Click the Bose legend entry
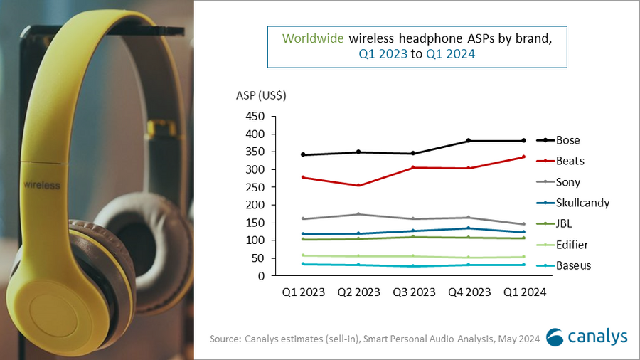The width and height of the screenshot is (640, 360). coord(569,140)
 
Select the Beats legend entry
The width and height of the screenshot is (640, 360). coord(570,162)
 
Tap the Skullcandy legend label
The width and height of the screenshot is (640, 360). coord(582,203)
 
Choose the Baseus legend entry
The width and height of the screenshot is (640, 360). coord(573,265)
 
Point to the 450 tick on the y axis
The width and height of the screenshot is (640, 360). coord(255,117)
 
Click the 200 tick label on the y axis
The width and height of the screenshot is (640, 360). coord(255,205)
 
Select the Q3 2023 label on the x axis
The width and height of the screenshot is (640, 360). coord(414,291)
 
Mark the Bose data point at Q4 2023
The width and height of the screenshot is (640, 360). coord(469,141)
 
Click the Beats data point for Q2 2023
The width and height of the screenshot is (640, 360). coord(358,186)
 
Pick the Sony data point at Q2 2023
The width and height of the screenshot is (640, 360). coord(358,214)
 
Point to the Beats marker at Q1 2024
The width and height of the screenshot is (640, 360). coord(523,157)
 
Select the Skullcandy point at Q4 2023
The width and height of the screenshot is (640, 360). coord(469,228)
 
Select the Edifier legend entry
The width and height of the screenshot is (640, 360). coord(572,245)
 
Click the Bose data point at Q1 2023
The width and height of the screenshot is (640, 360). coord(304,154)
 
